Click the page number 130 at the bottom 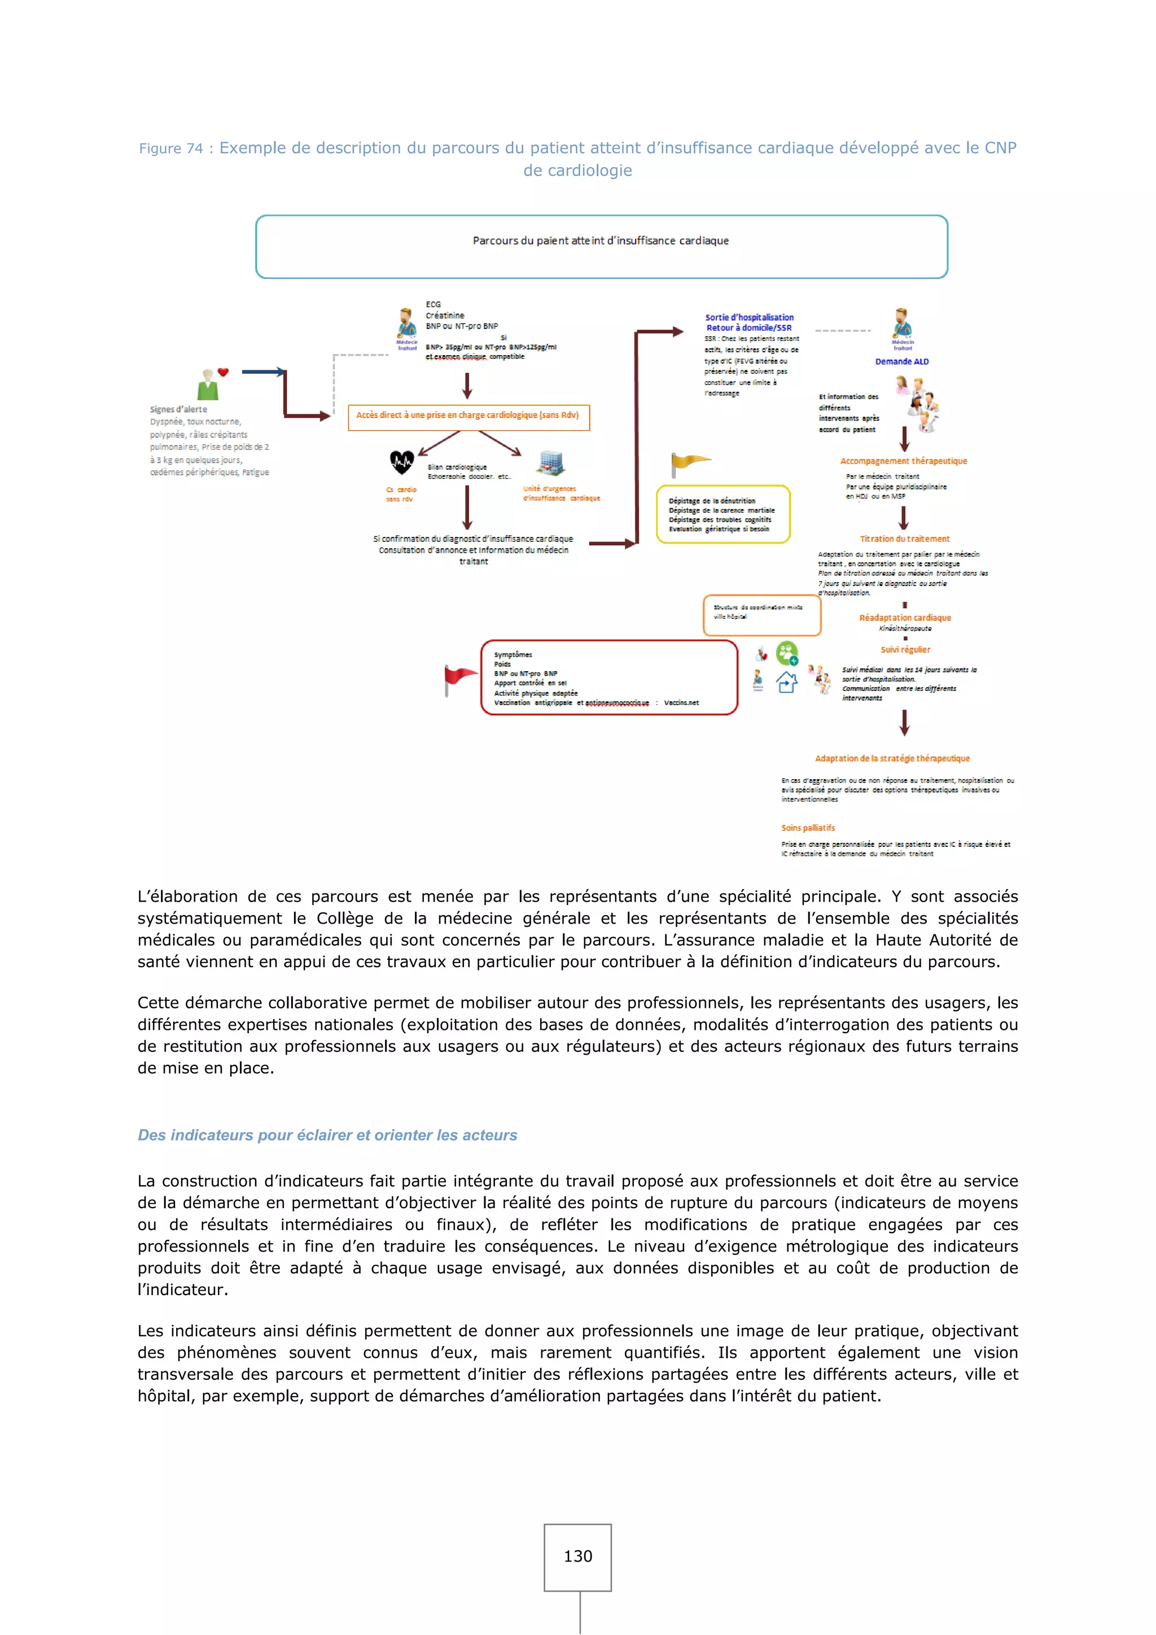click(x=577, y=1556)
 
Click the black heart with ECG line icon click(x=401, y=463)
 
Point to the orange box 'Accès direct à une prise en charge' click(x=468, y=417)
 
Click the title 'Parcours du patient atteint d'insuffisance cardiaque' click(x=601, y=241)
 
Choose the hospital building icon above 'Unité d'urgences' click(x=550, y=463)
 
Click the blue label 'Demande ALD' click(x=902, y=362)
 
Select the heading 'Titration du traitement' click(x=904, y=539)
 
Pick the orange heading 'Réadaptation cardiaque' click(x=905, y=618)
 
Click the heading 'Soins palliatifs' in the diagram click(x=808, y=828)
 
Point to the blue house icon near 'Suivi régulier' click(x=786, y=682)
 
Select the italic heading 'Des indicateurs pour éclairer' click(x=327, y=1135)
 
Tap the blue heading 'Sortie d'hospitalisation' click(x=749, y=318)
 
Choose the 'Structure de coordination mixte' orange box click(x=761, y=615)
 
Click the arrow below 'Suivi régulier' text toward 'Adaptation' click(x=904, y=723)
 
